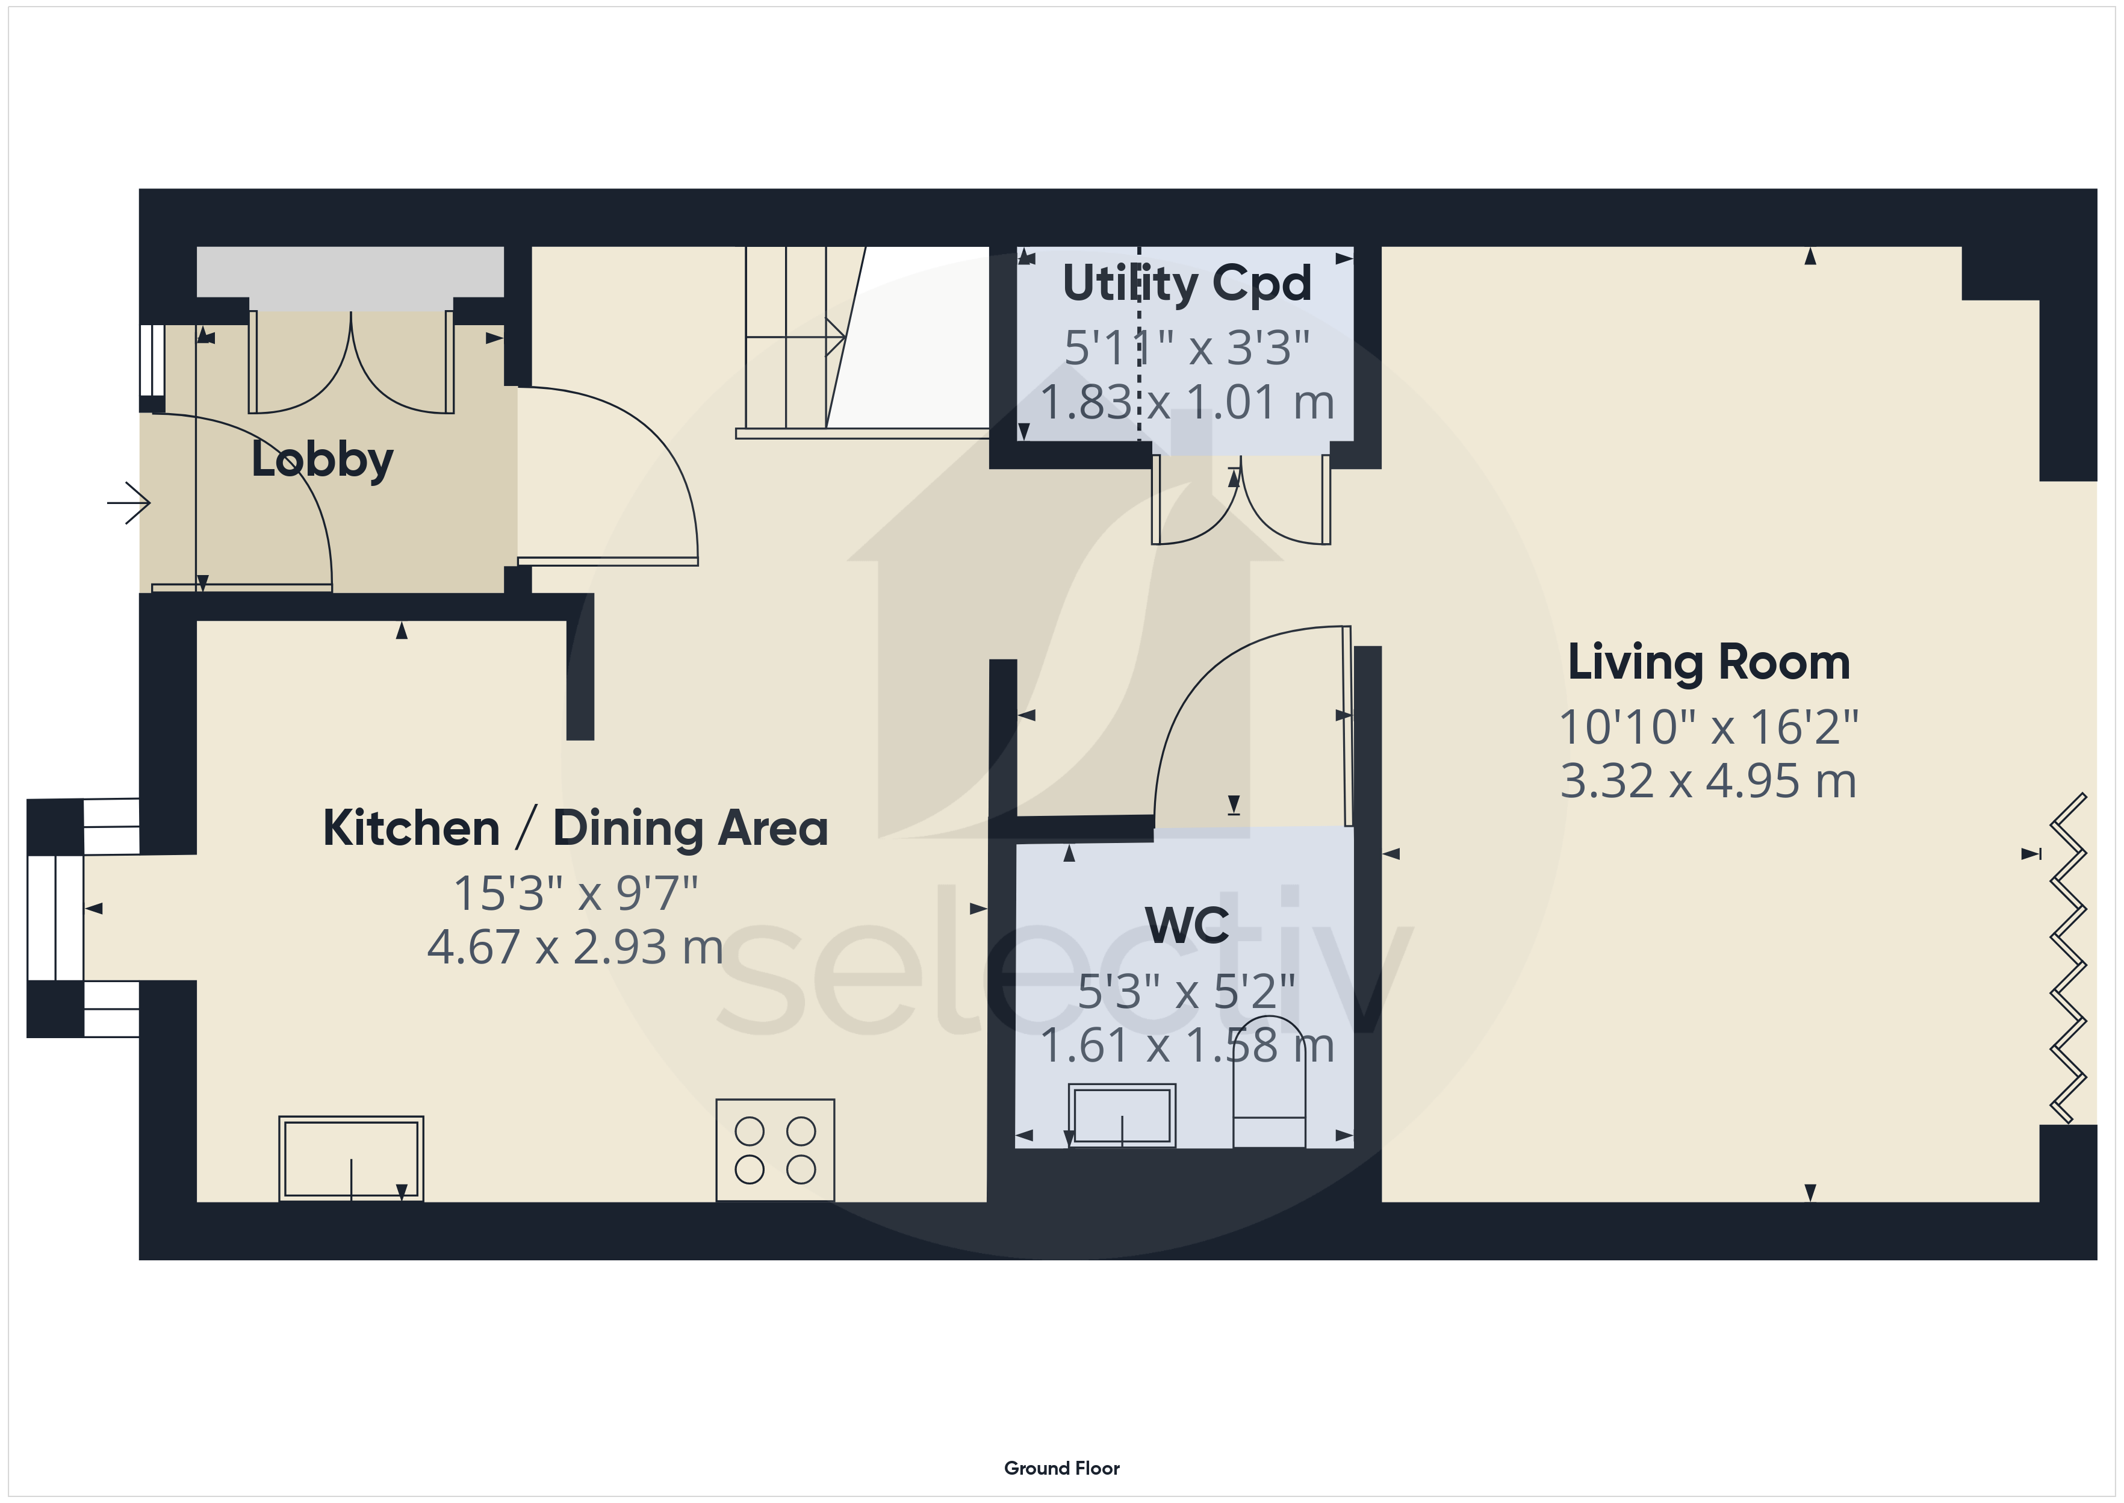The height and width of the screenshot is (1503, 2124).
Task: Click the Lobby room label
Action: click(322, 460)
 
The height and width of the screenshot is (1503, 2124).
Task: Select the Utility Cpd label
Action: click(1187, 283)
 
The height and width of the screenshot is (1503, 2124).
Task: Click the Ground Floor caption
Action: click(1062, 1468)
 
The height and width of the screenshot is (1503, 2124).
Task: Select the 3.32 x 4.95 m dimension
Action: click(1709, 781)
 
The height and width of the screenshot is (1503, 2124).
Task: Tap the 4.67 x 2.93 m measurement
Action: click(576, 947)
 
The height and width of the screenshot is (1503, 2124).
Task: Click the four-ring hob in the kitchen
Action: click(775, 1150)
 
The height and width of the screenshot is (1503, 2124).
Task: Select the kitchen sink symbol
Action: click(352, 1159)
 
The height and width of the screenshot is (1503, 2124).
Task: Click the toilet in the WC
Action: click(1269, 1084)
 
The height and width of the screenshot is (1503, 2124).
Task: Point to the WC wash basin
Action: click(1122, 1116)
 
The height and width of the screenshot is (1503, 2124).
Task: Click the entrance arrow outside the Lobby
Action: click(129, 503)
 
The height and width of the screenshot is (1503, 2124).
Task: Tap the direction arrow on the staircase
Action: click(795, 338)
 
